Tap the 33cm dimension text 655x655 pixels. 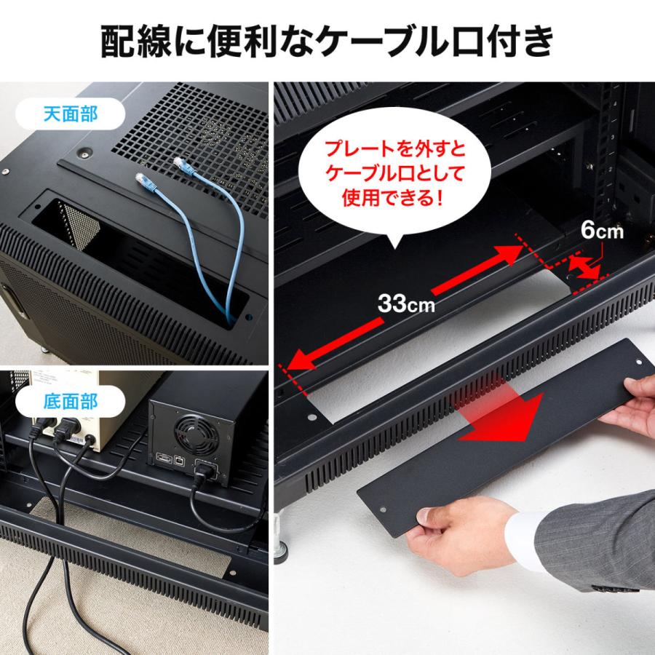click(405, 303)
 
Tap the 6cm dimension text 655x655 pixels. click(602, 231)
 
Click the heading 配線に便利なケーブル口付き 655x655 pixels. click(327, 41)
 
